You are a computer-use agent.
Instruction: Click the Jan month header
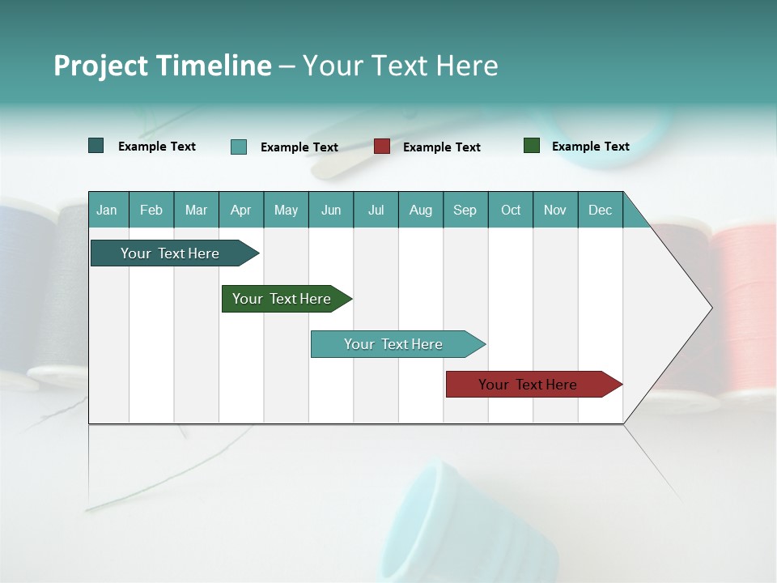(107, 210)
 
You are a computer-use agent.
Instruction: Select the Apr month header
(240, 210)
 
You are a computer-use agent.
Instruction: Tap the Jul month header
(376, 210)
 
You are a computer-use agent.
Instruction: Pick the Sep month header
(465, 210)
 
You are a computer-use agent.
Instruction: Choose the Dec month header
(600, 210)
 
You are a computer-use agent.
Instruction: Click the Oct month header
(511, 210)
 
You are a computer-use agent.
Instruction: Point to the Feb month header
(151, 210)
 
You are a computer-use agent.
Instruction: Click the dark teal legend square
(96, 146)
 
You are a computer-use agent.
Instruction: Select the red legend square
(382, 147)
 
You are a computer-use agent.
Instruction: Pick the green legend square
(532, 146)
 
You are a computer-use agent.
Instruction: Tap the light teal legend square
(239, 147)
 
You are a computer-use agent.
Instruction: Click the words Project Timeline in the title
(162, 66)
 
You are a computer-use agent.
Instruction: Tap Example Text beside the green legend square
(590, 147)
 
